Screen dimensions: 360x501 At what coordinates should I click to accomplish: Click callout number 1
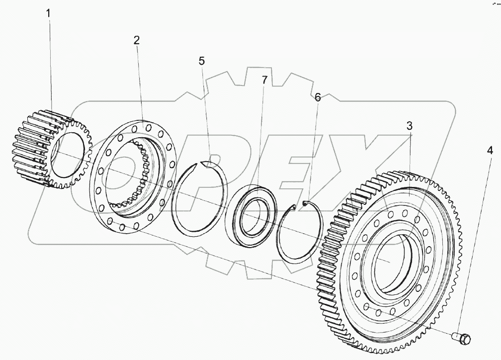click(48, 13)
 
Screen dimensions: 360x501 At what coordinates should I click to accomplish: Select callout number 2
click(137, 41)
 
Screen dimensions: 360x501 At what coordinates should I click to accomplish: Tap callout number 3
click(409, 126)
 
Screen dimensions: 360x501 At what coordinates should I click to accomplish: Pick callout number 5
click(201, 61)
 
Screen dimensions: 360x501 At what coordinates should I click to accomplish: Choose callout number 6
click(318, 97)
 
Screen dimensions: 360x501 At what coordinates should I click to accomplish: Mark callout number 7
click(264, 80)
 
